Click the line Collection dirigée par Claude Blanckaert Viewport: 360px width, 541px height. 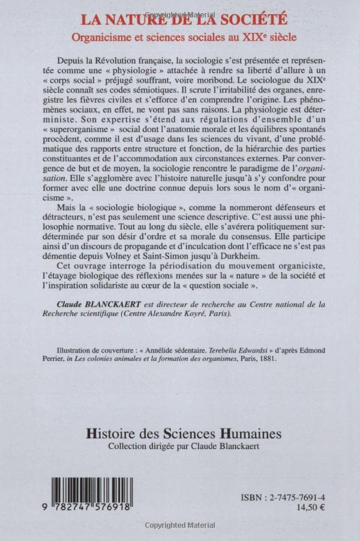180,447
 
